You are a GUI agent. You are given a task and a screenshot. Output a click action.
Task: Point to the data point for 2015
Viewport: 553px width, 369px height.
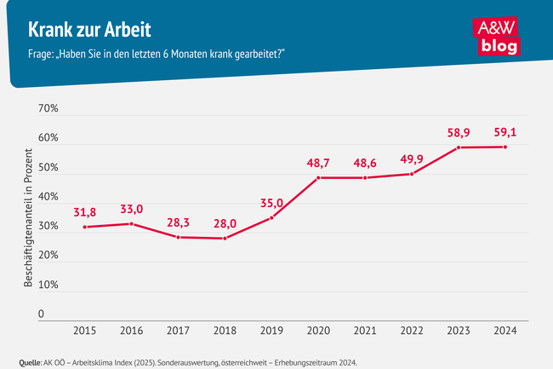86,227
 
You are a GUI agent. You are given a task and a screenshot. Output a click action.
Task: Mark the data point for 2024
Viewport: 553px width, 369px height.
506,147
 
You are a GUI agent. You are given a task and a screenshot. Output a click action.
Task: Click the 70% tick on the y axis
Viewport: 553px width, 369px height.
47,109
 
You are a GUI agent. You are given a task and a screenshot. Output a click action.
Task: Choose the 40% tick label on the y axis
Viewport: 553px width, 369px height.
47,197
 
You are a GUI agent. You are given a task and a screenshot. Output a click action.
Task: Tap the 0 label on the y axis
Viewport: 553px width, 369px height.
40,314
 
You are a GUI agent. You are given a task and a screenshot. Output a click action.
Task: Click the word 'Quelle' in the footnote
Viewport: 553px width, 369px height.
30,362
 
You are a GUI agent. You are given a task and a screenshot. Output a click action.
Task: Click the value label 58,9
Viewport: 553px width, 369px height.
459,133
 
